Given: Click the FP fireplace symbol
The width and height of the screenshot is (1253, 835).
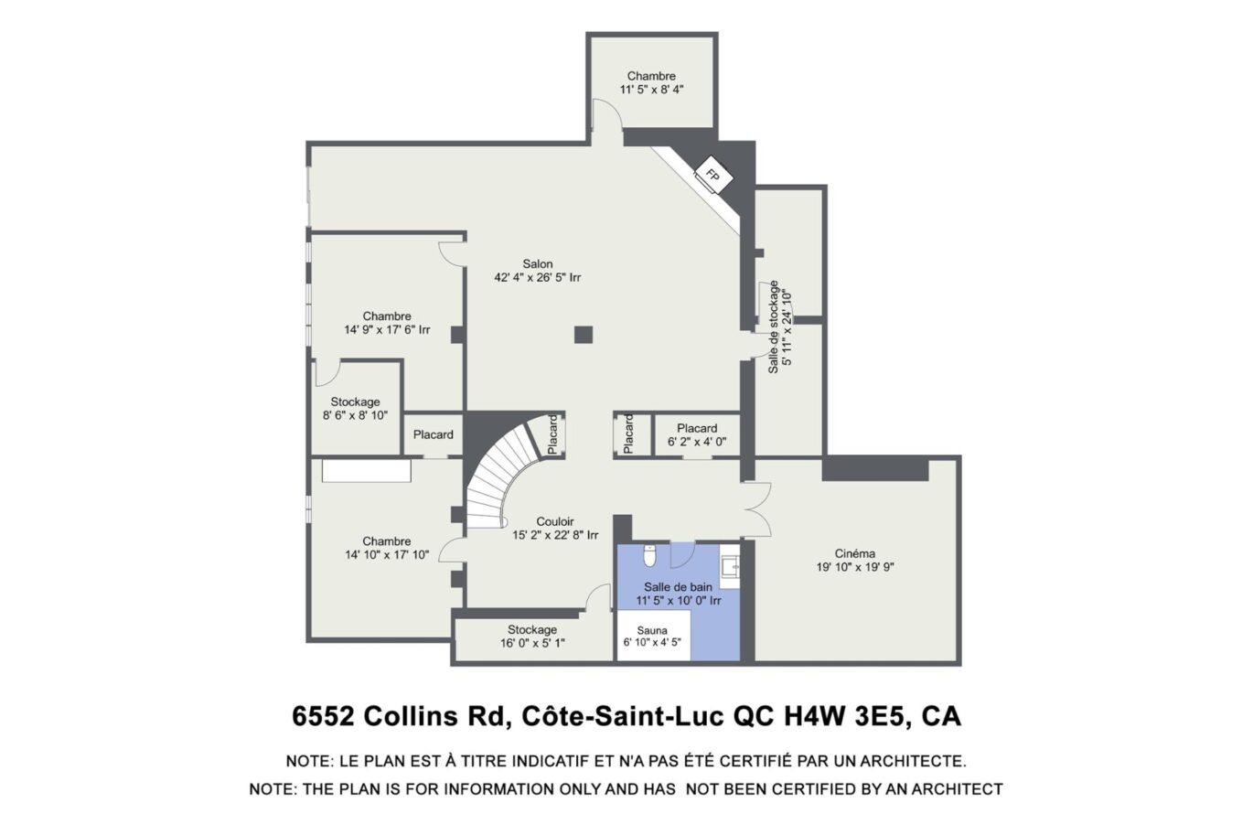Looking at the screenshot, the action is tap(712, 175).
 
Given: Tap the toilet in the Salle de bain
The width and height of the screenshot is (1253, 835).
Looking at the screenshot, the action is tap(649, 555).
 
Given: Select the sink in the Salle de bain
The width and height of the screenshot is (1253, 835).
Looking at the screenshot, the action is tap(730, 567).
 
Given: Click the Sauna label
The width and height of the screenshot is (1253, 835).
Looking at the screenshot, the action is tap(652, 630).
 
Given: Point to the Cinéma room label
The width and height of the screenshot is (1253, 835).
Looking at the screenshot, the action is tap(855, 553).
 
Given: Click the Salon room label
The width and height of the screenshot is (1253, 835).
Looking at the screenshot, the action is tap(538, 263).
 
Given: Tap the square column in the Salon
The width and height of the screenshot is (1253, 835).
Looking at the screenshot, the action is tap(584, 335).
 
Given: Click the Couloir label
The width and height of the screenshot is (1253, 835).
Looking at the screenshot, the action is tap(555, 522).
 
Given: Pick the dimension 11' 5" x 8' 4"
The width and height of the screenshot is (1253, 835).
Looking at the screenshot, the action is tap(652, 90).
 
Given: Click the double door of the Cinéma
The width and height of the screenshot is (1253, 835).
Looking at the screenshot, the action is tap(757, 508).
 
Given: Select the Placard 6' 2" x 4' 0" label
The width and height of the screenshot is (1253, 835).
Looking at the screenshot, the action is tap(697, 434).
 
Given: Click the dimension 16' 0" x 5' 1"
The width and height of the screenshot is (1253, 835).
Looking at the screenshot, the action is tap(532, 643).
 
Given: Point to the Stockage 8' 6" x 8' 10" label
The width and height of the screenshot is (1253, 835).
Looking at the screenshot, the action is tap(355, 408).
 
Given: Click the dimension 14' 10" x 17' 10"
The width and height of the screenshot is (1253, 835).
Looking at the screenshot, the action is tap(387, 555).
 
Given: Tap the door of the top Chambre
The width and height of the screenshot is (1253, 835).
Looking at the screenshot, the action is tap(606, 114).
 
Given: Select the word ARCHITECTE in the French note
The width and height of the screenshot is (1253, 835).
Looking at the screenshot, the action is tap(913, 761).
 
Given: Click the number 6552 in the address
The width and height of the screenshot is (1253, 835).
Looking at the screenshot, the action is tap(324, 716).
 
